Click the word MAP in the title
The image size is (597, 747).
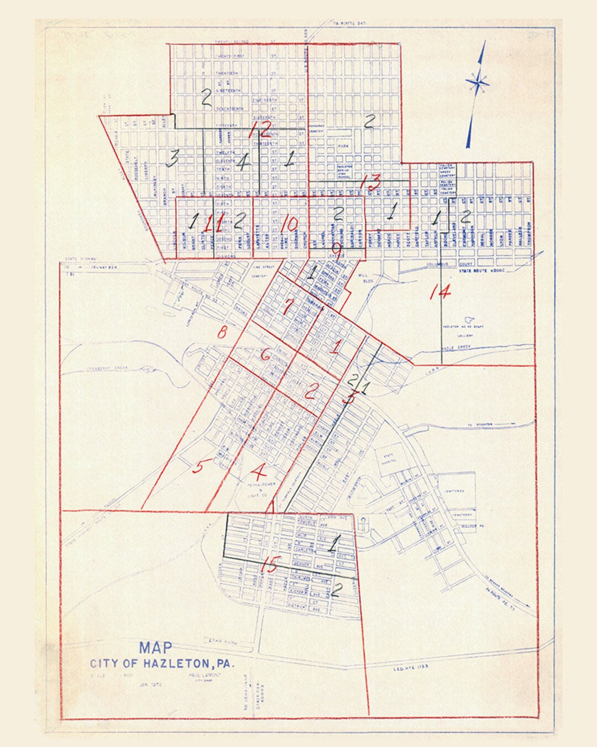[155, 648]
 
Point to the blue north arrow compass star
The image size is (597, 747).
[476, 84]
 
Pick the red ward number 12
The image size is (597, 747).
[260, 129]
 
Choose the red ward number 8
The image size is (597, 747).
[222, 333]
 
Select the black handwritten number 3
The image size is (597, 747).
[172, 159]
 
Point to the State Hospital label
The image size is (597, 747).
[388, 457]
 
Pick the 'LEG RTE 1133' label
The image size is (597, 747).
[410, 667]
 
